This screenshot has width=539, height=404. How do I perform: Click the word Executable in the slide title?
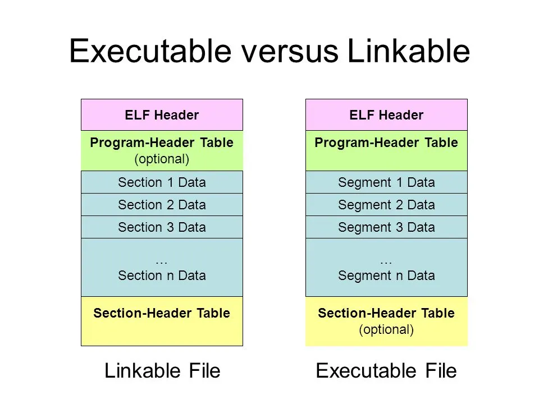149,52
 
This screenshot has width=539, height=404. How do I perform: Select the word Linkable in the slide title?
408,52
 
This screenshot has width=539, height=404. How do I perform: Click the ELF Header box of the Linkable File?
162,115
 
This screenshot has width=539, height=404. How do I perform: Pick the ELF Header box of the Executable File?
386,115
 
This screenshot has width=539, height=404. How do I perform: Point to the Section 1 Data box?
162,182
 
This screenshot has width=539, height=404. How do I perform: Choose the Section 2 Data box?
162,205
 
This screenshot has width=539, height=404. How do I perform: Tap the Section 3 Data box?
162,227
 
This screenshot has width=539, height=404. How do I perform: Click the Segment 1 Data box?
386,182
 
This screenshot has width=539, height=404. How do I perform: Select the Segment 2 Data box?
386,205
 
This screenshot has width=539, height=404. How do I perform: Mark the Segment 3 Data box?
386,227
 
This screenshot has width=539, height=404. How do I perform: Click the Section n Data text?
162,276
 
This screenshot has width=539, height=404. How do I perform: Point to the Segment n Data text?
386,276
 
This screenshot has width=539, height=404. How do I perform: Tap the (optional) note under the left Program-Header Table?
162,159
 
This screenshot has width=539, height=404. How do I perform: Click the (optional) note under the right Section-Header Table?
386,329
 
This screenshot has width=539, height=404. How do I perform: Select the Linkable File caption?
162,371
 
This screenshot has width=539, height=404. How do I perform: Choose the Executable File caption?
386,371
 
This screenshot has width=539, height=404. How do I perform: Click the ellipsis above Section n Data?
162,261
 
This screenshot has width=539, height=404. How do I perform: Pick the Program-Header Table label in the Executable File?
386,143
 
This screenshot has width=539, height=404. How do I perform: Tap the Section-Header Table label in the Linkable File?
162,313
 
